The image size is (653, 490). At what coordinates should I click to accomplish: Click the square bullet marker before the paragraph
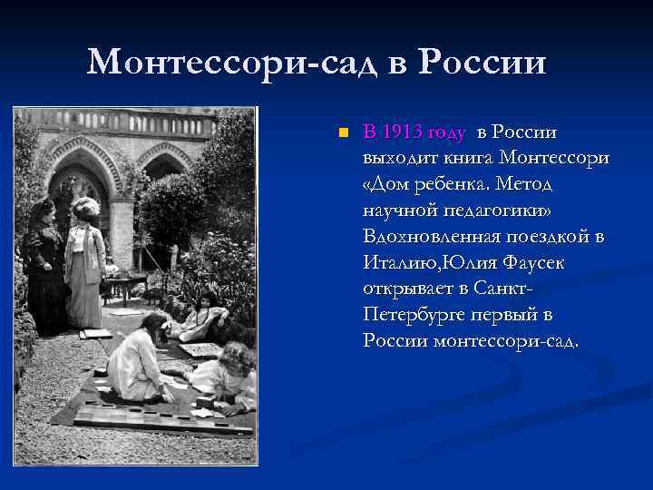click(x=342, y=133)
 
